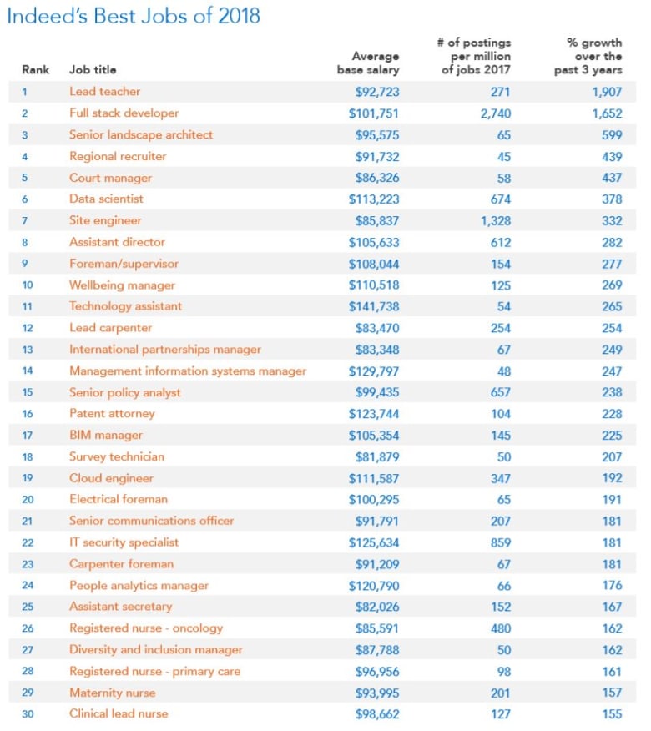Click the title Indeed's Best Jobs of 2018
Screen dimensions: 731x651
(x=134, y=15)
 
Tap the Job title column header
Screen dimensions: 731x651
(x=93, y=70)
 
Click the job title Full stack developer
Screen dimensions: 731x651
(x=124, y=113)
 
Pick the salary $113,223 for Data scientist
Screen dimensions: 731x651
(x=373, y=199)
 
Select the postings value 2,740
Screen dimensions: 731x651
(x=495, y=113)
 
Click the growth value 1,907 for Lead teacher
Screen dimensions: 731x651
(x=605, y=92)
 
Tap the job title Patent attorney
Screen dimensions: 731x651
(x=112, y=413)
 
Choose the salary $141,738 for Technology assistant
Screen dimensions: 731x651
(x=373, y=306)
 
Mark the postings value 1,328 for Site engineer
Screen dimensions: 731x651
(x=495, y=220)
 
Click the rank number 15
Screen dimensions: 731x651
(x=28, y=392)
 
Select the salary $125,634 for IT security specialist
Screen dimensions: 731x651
(x=373, y=542)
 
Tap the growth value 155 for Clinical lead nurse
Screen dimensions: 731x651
(x=611, y=713)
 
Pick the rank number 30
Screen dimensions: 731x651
(x=28, y=713)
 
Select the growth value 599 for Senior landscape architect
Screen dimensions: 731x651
(x=611, y=134)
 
